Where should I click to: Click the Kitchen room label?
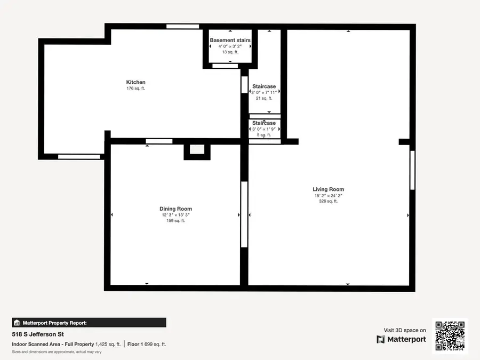135,82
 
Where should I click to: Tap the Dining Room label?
175,209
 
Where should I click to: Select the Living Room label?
328,189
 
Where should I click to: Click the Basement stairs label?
230,41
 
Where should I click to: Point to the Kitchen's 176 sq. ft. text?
135,89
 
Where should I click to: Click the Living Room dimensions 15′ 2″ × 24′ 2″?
328,196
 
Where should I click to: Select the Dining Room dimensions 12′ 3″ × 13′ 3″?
175,215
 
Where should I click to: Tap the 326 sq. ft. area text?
328,202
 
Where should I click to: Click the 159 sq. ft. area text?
175,221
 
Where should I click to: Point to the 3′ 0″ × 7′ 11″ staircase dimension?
264,92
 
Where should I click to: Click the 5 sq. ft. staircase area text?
264,135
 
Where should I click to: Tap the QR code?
450,336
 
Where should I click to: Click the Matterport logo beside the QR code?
401,339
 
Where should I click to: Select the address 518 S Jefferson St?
38,334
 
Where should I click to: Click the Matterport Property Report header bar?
89,323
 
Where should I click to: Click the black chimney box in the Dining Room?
197,151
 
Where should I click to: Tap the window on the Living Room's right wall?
412,170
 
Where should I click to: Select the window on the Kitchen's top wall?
182,27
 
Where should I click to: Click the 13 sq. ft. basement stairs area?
230,52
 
